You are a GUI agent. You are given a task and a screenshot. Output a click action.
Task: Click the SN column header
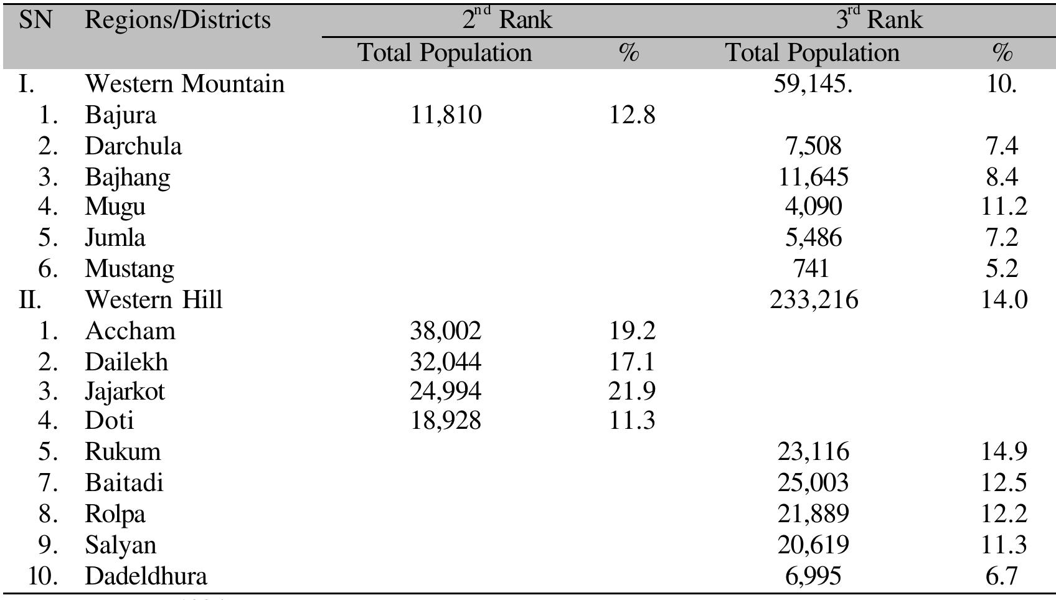click(x=35, y=20)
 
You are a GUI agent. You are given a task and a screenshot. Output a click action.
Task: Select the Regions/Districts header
click(x=177, y=20)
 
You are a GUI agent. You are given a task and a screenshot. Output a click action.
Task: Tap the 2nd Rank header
click(x=507, y=20)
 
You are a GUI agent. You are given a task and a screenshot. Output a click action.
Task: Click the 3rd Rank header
click(x=879, y=20)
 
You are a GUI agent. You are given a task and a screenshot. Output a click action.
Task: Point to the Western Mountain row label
click(x=184, y=84)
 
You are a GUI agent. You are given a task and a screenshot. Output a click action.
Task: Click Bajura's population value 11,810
click(x=446, y=115)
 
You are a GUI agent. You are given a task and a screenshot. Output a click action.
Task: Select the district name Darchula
click(x=133, y=146)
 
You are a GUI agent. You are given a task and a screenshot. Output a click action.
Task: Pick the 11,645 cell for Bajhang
click(x=813, y=177)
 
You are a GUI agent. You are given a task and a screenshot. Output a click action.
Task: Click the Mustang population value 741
click(x=812, y=268)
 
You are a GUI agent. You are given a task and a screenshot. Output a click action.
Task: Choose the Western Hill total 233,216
click(x=814, y=300)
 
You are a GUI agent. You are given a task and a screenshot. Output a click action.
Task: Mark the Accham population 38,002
click(x=446, y=330)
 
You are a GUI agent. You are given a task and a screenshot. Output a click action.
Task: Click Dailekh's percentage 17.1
click(x=632, y=362)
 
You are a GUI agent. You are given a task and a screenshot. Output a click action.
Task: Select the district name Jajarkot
click(x=125, y=391)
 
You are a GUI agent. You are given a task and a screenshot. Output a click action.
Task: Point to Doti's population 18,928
click(x=446, y=421)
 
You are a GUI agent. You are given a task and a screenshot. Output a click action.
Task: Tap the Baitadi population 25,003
click(x=813, y=482)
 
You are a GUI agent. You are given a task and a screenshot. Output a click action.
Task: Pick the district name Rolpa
click(x=115, y=514)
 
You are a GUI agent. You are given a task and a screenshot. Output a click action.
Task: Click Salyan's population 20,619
click(x=813, y=545)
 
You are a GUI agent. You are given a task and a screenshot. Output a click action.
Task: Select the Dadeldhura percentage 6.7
click(x=1001, y=576)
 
